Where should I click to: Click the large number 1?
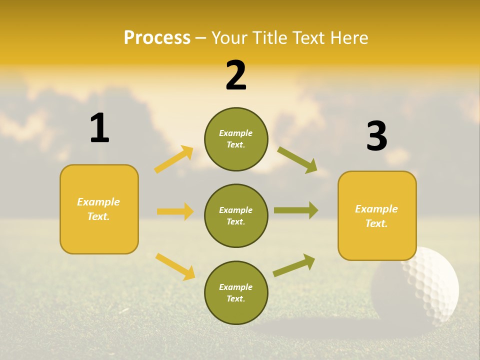tap(99, 128)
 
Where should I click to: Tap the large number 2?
tap(236, 75)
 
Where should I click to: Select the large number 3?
tap(376, 136)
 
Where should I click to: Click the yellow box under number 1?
tap(99, 209)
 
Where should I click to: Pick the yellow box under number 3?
tap(377, 215)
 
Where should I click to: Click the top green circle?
tap(236, 139)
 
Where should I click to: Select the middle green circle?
tap(236, 215)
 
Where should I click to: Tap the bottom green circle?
tap(236, 292)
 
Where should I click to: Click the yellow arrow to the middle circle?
tap(175, 211)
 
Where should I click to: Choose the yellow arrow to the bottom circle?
tap(175, 266)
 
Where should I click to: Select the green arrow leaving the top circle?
tap(297, 160)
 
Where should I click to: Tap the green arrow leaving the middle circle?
tap(296, 210)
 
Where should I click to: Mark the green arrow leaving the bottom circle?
tap(294, 265)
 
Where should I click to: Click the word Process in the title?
tap(157, 38)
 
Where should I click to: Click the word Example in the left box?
tap(98, 202)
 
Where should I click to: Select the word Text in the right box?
tap(376, 223)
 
